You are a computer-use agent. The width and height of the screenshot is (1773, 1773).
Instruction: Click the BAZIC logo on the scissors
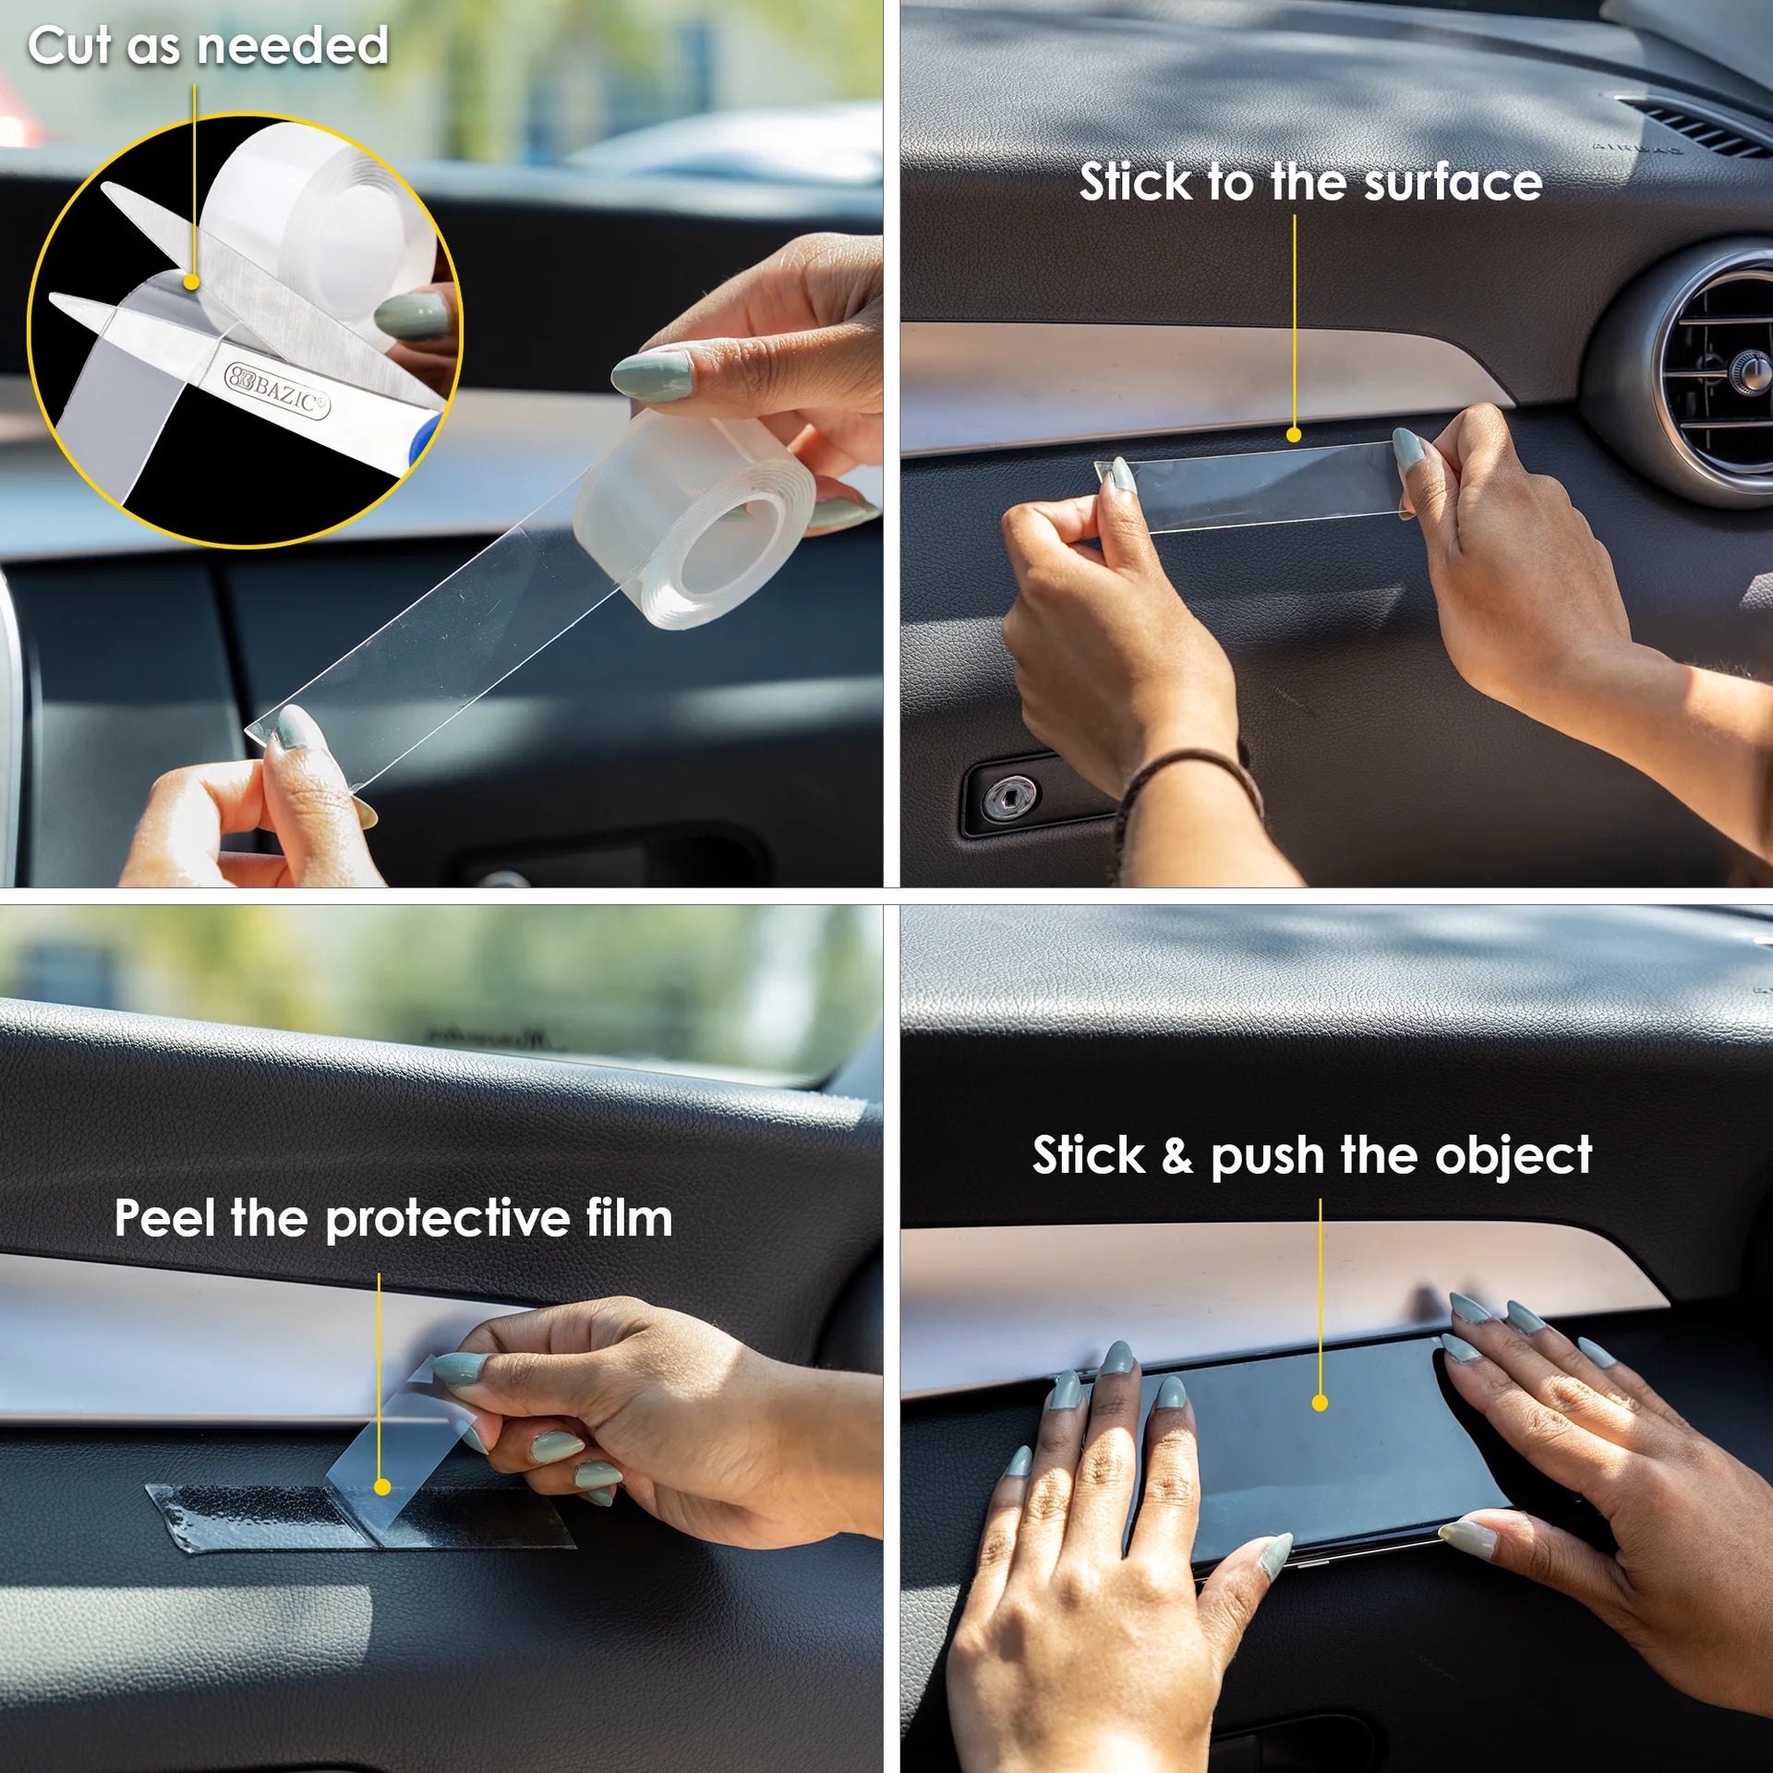click(x=277, y=392)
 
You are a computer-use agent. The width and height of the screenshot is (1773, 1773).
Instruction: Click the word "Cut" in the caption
click(x=69, y=45)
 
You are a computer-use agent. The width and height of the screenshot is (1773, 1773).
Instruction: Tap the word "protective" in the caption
click(x=448, y=1221)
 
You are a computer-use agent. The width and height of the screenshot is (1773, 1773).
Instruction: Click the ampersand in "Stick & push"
click(x=1176, y=1155)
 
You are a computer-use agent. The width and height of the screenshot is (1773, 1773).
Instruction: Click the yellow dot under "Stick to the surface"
click(x=1294, y=434)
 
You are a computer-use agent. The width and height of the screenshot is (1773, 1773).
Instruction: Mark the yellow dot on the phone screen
click(x=1320, y=1403)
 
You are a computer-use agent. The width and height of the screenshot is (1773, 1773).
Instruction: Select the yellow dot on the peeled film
click(x=382, y=1487)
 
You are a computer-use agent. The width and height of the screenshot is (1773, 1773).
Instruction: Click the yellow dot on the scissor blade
click(x=192, y=282)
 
